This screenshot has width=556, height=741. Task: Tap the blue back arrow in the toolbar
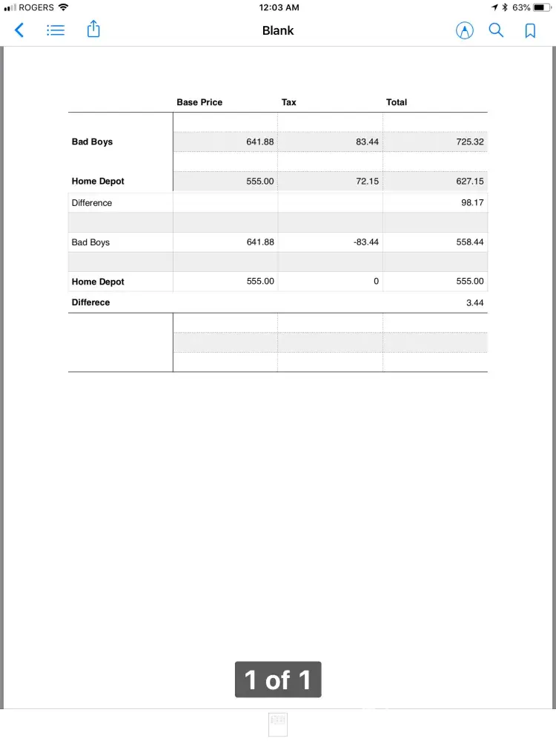point(19,30)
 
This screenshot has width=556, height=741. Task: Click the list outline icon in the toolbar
point(56,30)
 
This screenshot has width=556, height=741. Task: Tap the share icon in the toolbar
point(93,30)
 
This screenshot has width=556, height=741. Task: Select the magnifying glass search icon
point(496,30)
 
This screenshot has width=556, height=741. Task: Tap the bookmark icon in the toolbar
point(530,30)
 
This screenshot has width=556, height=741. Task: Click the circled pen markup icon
point(464,30)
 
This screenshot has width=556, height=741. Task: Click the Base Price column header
point(199,102)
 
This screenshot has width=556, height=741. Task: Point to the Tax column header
point(288,102)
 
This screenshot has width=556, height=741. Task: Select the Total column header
point(397,102)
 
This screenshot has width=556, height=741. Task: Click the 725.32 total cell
point(470,142)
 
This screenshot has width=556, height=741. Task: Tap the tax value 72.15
point(368,181)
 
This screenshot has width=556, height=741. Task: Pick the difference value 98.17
point(472,203)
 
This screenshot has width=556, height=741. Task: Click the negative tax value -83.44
point(365,242)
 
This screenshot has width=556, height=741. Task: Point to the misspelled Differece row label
point(90,302)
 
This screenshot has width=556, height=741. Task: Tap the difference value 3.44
point(474,302)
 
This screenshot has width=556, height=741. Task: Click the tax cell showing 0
point(376,282)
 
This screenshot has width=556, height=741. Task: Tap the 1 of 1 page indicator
point(278,679)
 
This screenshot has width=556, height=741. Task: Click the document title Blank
point(278,30)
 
